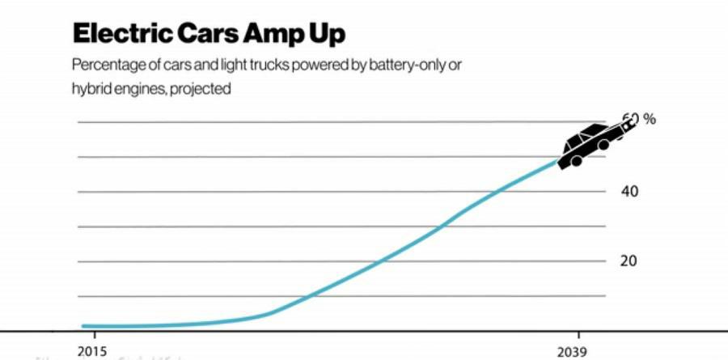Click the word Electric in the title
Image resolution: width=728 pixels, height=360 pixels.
tap(118, 34)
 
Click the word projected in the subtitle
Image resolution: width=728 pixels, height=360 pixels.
tap(203, 89)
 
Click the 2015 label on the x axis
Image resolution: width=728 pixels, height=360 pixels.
tap(93, 352)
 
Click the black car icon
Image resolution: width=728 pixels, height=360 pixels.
tap(590, 144)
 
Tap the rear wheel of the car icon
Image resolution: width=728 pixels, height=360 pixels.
tap(577, 161)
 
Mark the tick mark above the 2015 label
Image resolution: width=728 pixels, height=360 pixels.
tap(93, 335)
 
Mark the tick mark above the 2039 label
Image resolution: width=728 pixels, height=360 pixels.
tap(578, 335)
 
